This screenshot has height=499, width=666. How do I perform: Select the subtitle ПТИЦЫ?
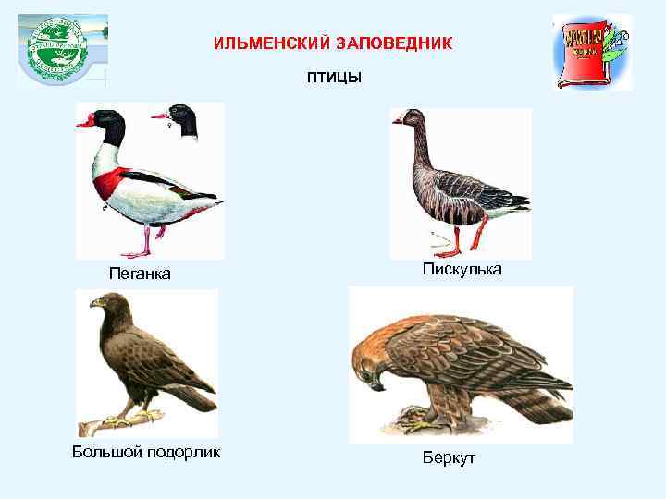(334, 77)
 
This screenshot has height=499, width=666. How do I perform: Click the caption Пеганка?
(140, 273)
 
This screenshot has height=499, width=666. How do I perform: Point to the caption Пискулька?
(462, 269)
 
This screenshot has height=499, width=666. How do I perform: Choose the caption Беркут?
(449, 457)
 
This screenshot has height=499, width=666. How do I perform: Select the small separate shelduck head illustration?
(181, 119)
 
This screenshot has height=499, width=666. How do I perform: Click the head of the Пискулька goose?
(410, 119)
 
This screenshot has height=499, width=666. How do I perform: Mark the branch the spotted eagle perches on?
(111, 424)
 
